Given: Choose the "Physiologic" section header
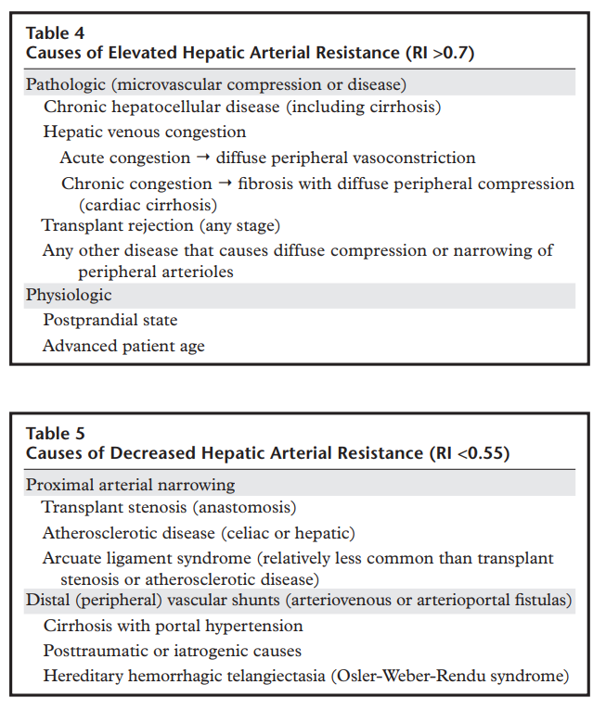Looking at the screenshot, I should tap(69, 296).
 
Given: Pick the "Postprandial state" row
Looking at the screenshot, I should tap(110, 321).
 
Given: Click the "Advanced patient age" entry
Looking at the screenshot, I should tap(123, 346).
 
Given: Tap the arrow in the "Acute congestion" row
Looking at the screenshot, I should tap(211, 158).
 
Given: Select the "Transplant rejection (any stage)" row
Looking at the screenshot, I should tap(161, 225).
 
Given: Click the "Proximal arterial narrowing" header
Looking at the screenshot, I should tap(130, 485).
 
